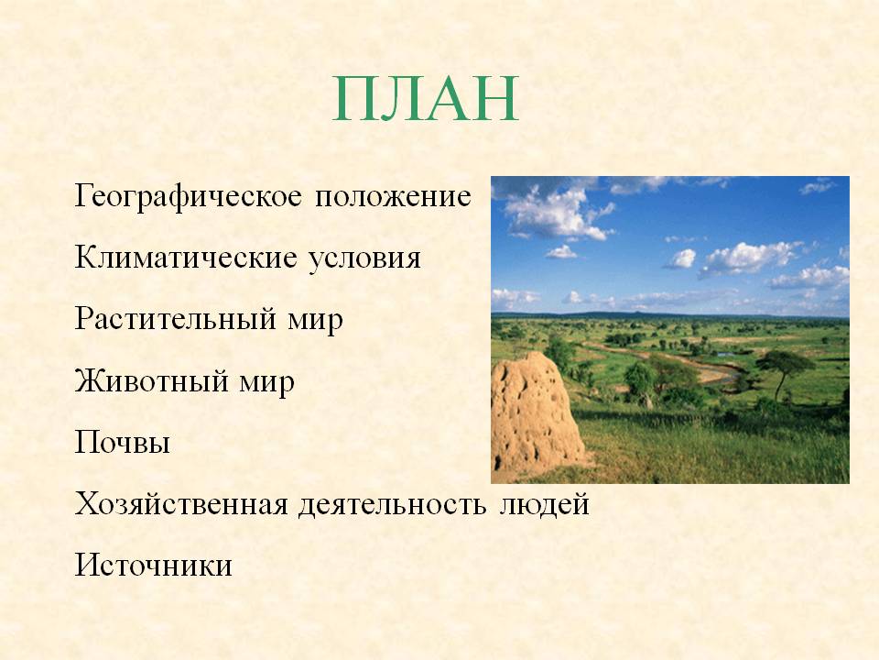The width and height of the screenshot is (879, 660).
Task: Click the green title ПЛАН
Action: [x=426, y=99]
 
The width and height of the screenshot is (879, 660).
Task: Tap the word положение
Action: [x=393, y=197]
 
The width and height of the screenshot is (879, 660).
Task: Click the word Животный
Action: [x=151, y=381]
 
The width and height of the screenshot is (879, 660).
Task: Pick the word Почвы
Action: [x=122, y=442]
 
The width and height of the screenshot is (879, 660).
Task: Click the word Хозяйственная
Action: [x=181, y=503]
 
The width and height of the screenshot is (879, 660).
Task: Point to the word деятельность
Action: [x=393, y=504]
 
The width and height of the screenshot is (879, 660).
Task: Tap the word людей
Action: [x=544, y=504]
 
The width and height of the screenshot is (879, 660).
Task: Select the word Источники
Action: [x=154, y=565]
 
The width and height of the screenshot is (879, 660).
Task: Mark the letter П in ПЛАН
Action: [x=356, y=99]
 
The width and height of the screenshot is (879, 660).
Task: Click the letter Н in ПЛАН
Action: [x=495, y=99]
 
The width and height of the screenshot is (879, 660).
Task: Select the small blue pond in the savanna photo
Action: [x=726, y=355]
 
